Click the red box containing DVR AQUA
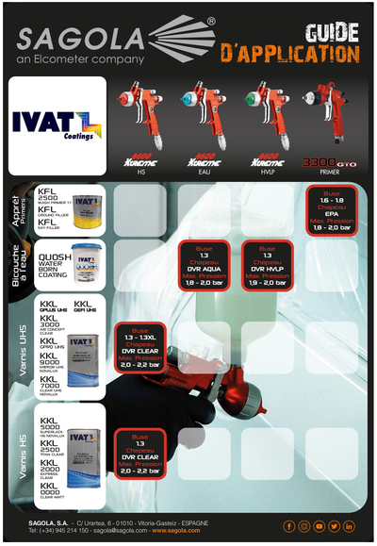pyautogui.click(x=205, y=266)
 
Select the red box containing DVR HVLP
pyautogui.click(x=268, y=266)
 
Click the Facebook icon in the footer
pyautogui.click(x=289, y=526)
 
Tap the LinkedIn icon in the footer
pyautogui.click(x=350, y=526)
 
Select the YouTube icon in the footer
pyautogui.click(x=320, y=526)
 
